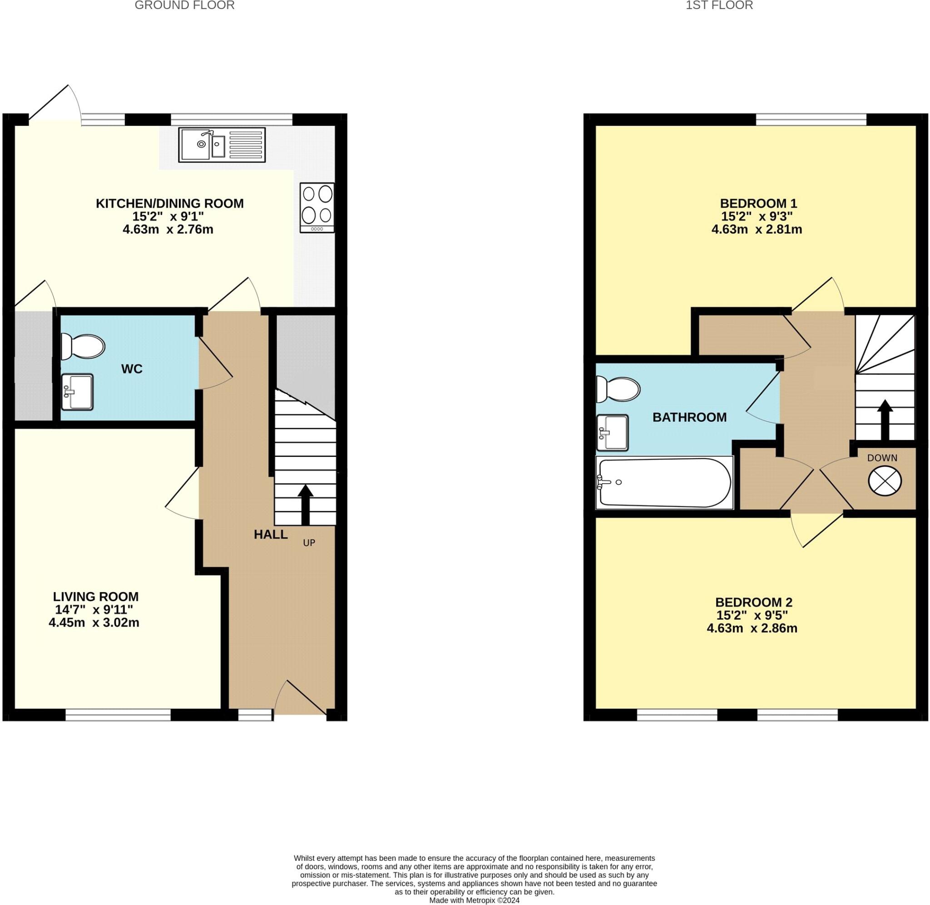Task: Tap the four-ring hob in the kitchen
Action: (x=317, y=208)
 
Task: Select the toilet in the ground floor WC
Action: (x=83, y=346)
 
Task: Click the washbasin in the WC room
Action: (x=78, y=392)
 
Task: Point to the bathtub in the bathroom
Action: (x=664, y=483)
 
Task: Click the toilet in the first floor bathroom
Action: (x=618, y=389)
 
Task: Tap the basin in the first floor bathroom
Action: (x=613, y=433)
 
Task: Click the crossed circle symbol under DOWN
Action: (x=885, y=482)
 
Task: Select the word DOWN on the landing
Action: (x=882, y=458)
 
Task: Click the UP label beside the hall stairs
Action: (x=309, y=543)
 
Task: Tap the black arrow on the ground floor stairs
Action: (x=305, y=505)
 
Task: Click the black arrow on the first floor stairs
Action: (x=885, y=420)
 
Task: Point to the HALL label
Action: (x=270, y=535)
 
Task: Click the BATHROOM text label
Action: (x=689, y=417)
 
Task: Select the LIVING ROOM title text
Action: (x=95, y=597)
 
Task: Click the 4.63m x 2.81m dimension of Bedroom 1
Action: (x=757, y=230)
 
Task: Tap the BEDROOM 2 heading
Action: (x=754, y=602)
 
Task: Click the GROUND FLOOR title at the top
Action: (x=184, y=6)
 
